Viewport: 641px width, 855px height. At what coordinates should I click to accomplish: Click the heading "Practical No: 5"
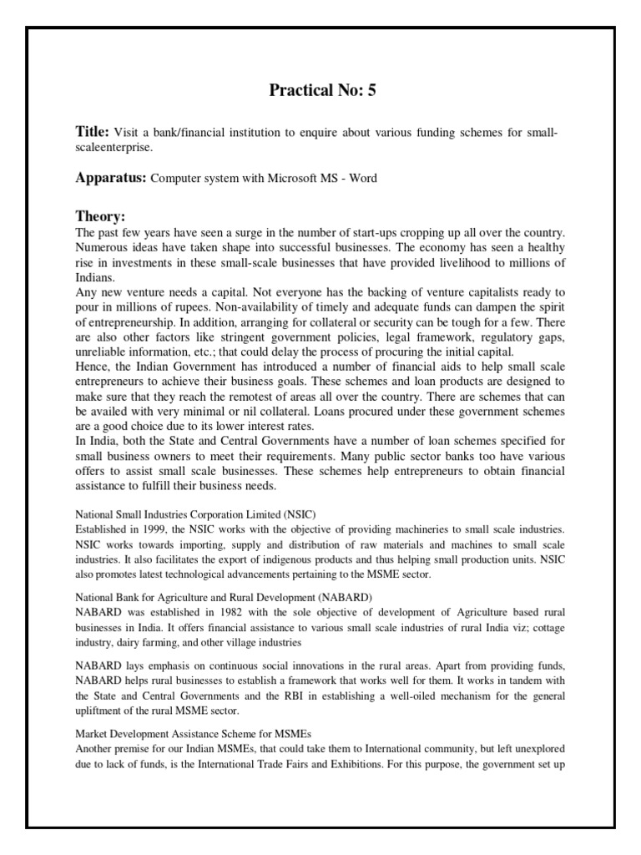coord(322,92)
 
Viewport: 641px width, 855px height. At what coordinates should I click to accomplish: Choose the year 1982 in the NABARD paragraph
coord(225,613)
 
